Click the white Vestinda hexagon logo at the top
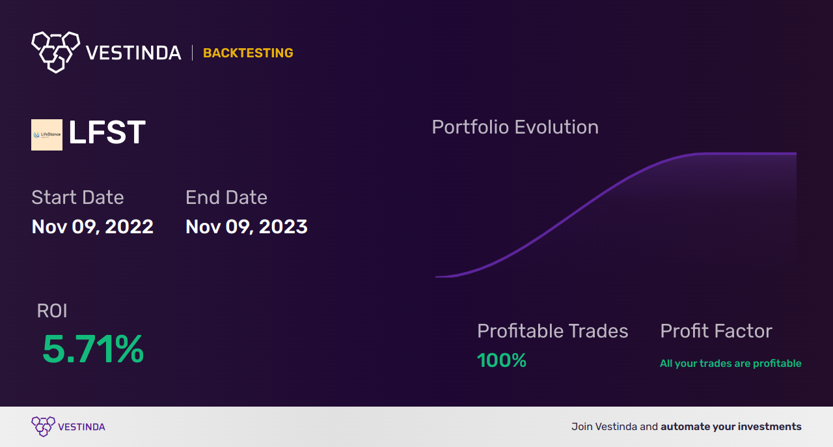point(56,52)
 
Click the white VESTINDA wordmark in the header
point(133,53)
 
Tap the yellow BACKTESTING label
point(248,53)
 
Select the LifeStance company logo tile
point(47,135)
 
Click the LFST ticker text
point(107,132)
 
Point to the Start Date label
point(77,197)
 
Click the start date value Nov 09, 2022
point(92,227)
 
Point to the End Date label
point(226,197)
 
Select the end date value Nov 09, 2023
point(246,227)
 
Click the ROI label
point(52,311)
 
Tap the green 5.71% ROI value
point(93,349)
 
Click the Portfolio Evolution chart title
point(515,127)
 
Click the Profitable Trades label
point(553,331)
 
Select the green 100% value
point(501,360)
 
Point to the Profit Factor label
point(717,331)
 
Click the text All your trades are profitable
point(731,363)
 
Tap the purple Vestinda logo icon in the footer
point(43,426)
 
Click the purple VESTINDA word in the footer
point(82,427)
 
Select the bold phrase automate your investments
point(731,427)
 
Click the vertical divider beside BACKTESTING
point(192,53)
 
